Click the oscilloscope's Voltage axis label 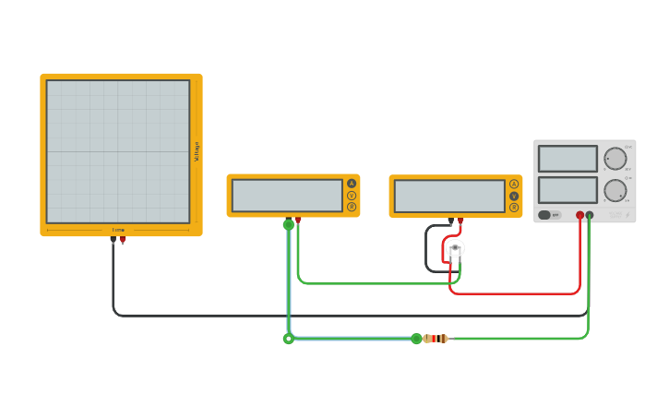tap(197, 152)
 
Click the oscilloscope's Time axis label tap(118, 230)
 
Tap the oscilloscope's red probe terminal tap(123, 240)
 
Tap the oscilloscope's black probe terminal tap(113, 240)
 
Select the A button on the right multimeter tap(514, 184)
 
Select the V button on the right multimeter tap(514, 196)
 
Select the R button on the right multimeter tap(514, 208)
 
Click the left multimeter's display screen tap(287, 196)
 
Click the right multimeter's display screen tap(449, 197)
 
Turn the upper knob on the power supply tap(615, 159)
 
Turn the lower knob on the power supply tap(615, 191)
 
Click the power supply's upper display tap(567, 159)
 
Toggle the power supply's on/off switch tap(545, 215)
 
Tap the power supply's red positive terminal tap(579, 215)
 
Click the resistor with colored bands tap(436, 339)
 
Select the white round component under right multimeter tap(455, 248)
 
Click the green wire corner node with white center tap(289, 339)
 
